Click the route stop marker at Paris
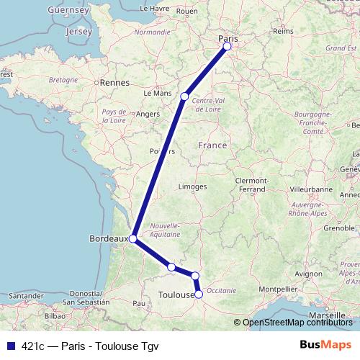click(227, 46)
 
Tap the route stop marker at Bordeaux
click(132, 238)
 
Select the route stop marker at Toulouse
click(199, 294)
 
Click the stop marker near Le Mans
click(185, 96)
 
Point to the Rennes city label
click(114, 83)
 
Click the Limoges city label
click(193, 186)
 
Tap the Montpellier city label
click(277, 289)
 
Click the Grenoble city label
click(339, 228)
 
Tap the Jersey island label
click(78, 32)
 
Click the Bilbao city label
click(55, 315)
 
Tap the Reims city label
click(284, 32)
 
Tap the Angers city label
click(147, 113)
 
